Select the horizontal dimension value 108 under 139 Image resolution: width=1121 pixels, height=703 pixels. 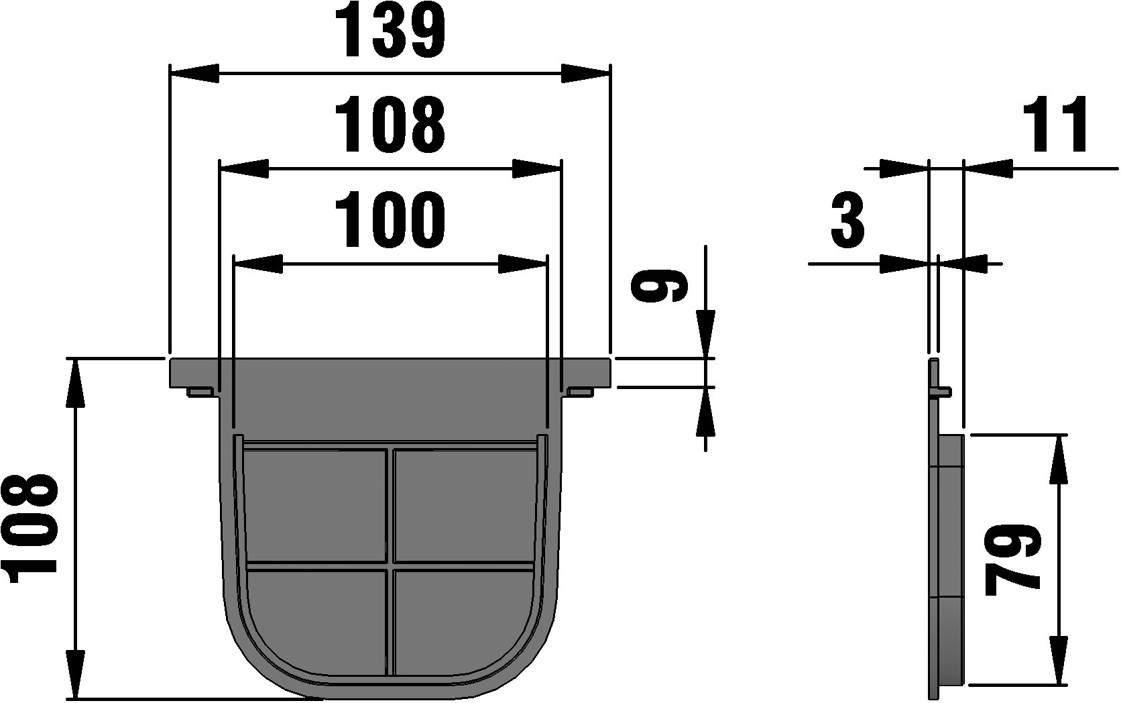(x=390, y=125)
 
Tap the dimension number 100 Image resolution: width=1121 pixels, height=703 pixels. (x=390, y=220)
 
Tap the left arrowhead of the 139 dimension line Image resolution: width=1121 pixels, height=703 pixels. (x=195, y=73)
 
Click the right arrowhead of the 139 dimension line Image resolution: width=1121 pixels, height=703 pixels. (x=585, y=73)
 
